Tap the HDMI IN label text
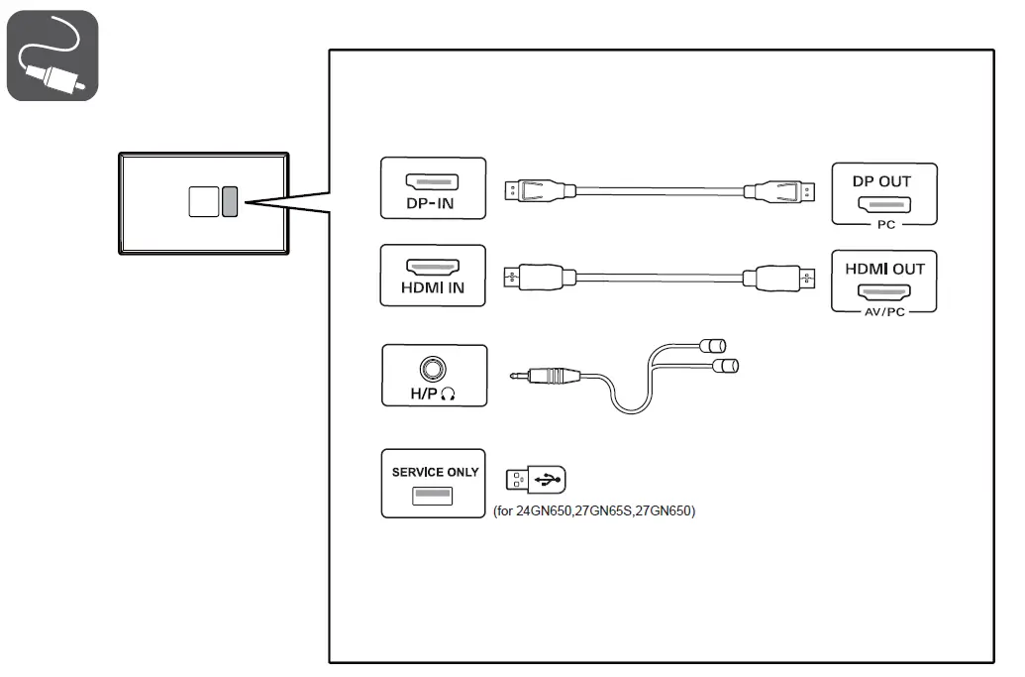pos(433,289)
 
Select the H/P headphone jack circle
pos(433,369)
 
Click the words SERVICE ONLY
pos(435,472)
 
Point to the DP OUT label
pos(881,181)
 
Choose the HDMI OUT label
pos(884,269)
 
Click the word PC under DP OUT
pos(885,225)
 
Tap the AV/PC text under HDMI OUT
pos(884,311)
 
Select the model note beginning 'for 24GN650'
pos(594,512)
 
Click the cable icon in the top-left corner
pos(52,56)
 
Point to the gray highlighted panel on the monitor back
pos(230,201)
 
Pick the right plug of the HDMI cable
pos(788,277)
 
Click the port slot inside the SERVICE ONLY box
pos(433,495)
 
